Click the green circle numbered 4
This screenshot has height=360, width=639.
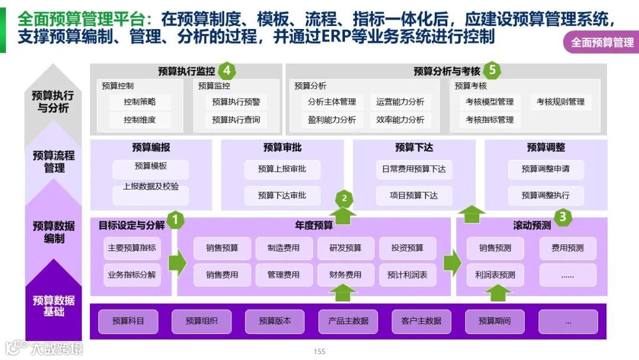coord(227,71)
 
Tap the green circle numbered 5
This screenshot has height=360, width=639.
coord(492,71)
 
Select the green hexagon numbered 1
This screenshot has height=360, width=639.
coord(175,220)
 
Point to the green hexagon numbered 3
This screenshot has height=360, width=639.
coord(562,217)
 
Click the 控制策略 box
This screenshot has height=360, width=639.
coord(140,102)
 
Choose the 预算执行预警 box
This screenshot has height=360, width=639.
coord(236,102)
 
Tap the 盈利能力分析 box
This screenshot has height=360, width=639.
coord(332,120)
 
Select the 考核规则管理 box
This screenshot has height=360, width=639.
coord(560,102)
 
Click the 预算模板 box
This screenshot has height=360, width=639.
coord(150,166)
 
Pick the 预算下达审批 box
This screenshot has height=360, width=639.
coord(282,195)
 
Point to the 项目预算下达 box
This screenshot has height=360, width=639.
coord(414,195)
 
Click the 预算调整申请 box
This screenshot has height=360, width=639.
coord(546,169)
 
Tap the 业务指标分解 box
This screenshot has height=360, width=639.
coord(132,275)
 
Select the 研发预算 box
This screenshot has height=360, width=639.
coord(346,248)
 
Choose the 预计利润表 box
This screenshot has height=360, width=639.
coord(407,275)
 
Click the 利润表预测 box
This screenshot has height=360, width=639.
coord(495,275)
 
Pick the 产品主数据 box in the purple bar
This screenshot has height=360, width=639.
coord(348,321)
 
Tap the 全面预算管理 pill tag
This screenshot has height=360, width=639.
coord(601,42)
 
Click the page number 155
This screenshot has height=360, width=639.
coord(319,352)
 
